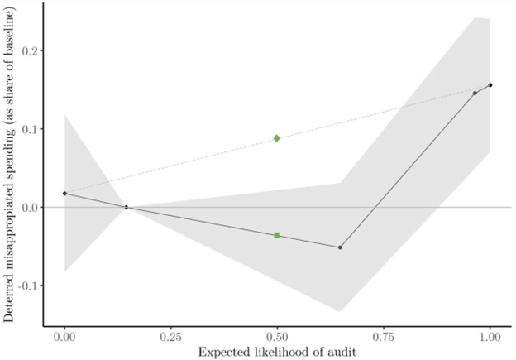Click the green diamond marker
(x=277, y=138)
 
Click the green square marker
(x=277, y=235)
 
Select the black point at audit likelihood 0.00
(x=64, y=193)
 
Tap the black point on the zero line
(x=126, y=207)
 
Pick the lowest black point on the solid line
(x=340, y=247)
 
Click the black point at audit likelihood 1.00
(x=490, y=84)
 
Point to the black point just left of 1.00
(x=475, y=93)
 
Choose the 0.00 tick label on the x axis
(x=64, y=338)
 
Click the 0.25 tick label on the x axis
(x=171, y=338)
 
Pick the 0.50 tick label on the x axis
(x=277, y=338)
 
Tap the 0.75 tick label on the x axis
(x=384, y=338)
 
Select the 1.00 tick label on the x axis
(x=490, y=338)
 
